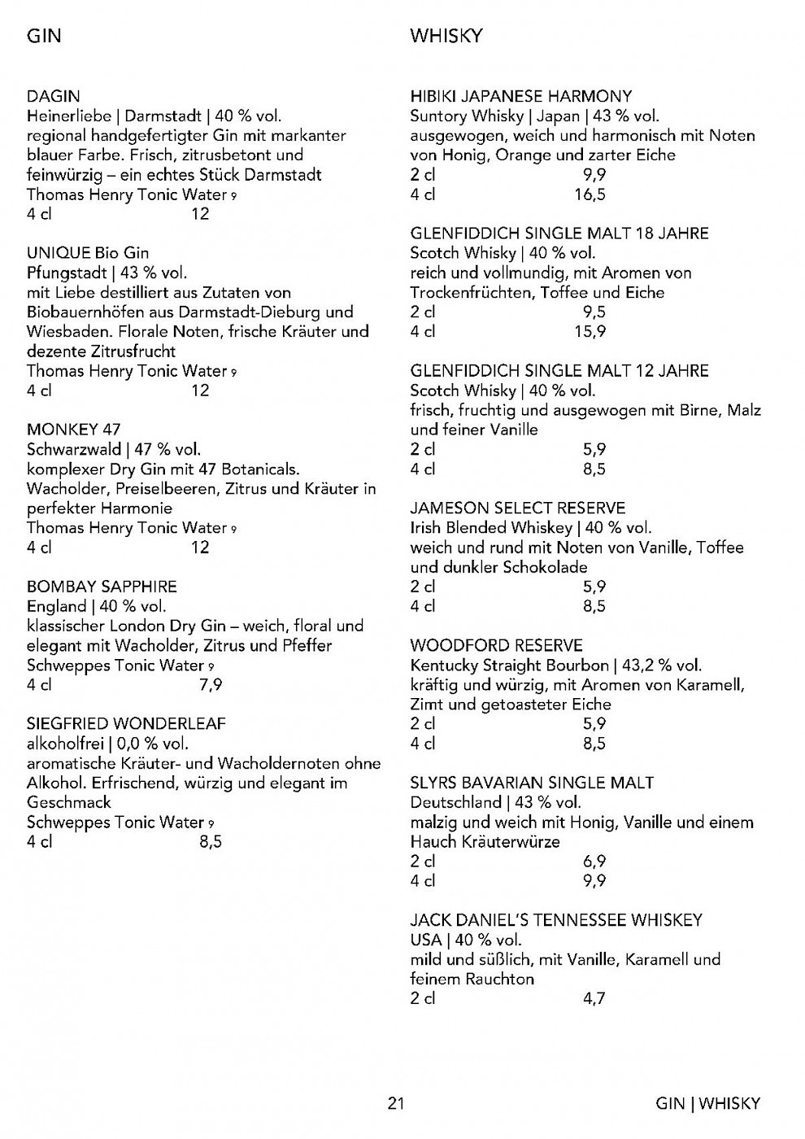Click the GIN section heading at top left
44,36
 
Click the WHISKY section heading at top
446,36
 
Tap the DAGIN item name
54,96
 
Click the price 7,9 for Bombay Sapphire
211,684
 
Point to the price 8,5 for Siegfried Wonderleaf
211,841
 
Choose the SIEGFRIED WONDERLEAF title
126,723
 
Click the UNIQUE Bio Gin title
88,253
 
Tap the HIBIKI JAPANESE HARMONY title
521,96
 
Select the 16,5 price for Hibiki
590,194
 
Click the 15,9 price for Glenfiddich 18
590,331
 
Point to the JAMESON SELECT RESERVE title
518,508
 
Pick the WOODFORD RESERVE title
496,645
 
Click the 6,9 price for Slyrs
594,861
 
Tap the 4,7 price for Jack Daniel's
594,998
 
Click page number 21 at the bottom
396,1103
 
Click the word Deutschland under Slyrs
455,802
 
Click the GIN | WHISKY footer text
707,1103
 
